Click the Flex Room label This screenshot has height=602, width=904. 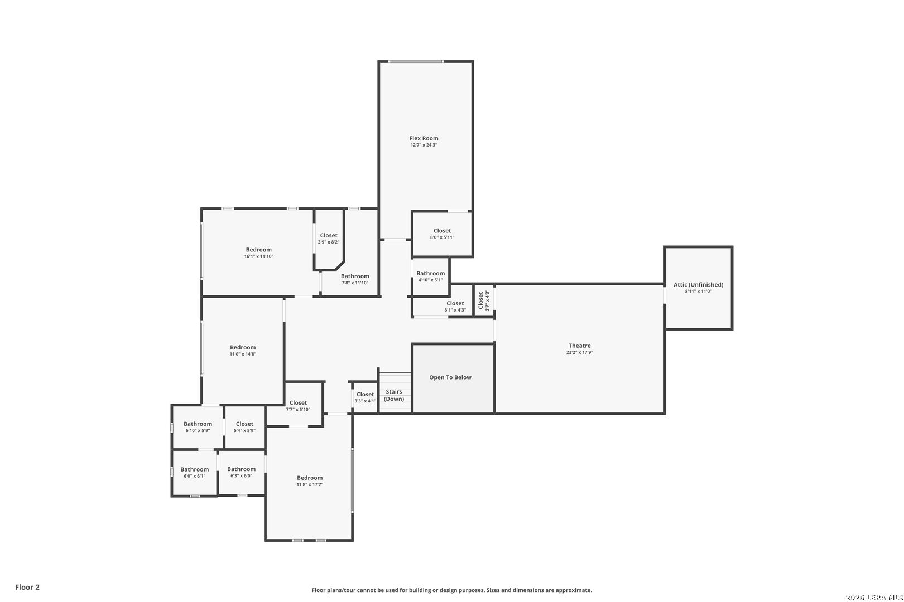(x=424, y=138)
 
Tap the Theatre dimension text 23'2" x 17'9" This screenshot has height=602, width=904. (x=579, y=353)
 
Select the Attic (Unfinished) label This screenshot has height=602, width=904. (x=698, y=284)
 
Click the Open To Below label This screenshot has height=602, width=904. (x=450, y=377)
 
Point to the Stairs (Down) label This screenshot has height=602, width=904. (x=394, y=395)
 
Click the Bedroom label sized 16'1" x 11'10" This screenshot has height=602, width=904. (x=258, y=250)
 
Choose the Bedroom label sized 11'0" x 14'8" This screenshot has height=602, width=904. (x=243, y=347)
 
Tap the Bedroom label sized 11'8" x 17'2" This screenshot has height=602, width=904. (x=310, y=478)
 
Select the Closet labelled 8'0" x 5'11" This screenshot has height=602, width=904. (x=442, y=231)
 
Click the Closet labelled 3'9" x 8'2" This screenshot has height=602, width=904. (x=329, y=236)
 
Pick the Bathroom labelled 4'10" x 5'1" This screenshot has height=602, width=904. (x=430, y=273)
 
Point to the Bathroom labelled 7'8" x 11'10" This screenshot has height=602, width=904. (x=355, y=276)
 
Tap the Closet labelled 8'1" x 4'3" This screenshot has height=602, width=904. (x=455, y=303)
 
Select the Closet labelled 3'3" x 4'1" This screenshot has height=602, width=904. (x=366, y=394)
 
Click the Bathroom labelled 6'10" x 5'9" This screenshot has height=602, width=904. (x=198, y=424)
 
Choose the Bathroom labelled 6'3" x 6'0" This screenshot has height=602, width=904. (x=241, y=469)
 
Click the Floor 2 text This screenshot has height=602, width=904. (x=27, y=587)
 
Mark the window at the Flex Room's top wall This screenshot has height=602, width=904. (x=416, y=61)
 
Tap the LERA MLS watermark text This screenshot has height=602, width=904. (x=873, y=598)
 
